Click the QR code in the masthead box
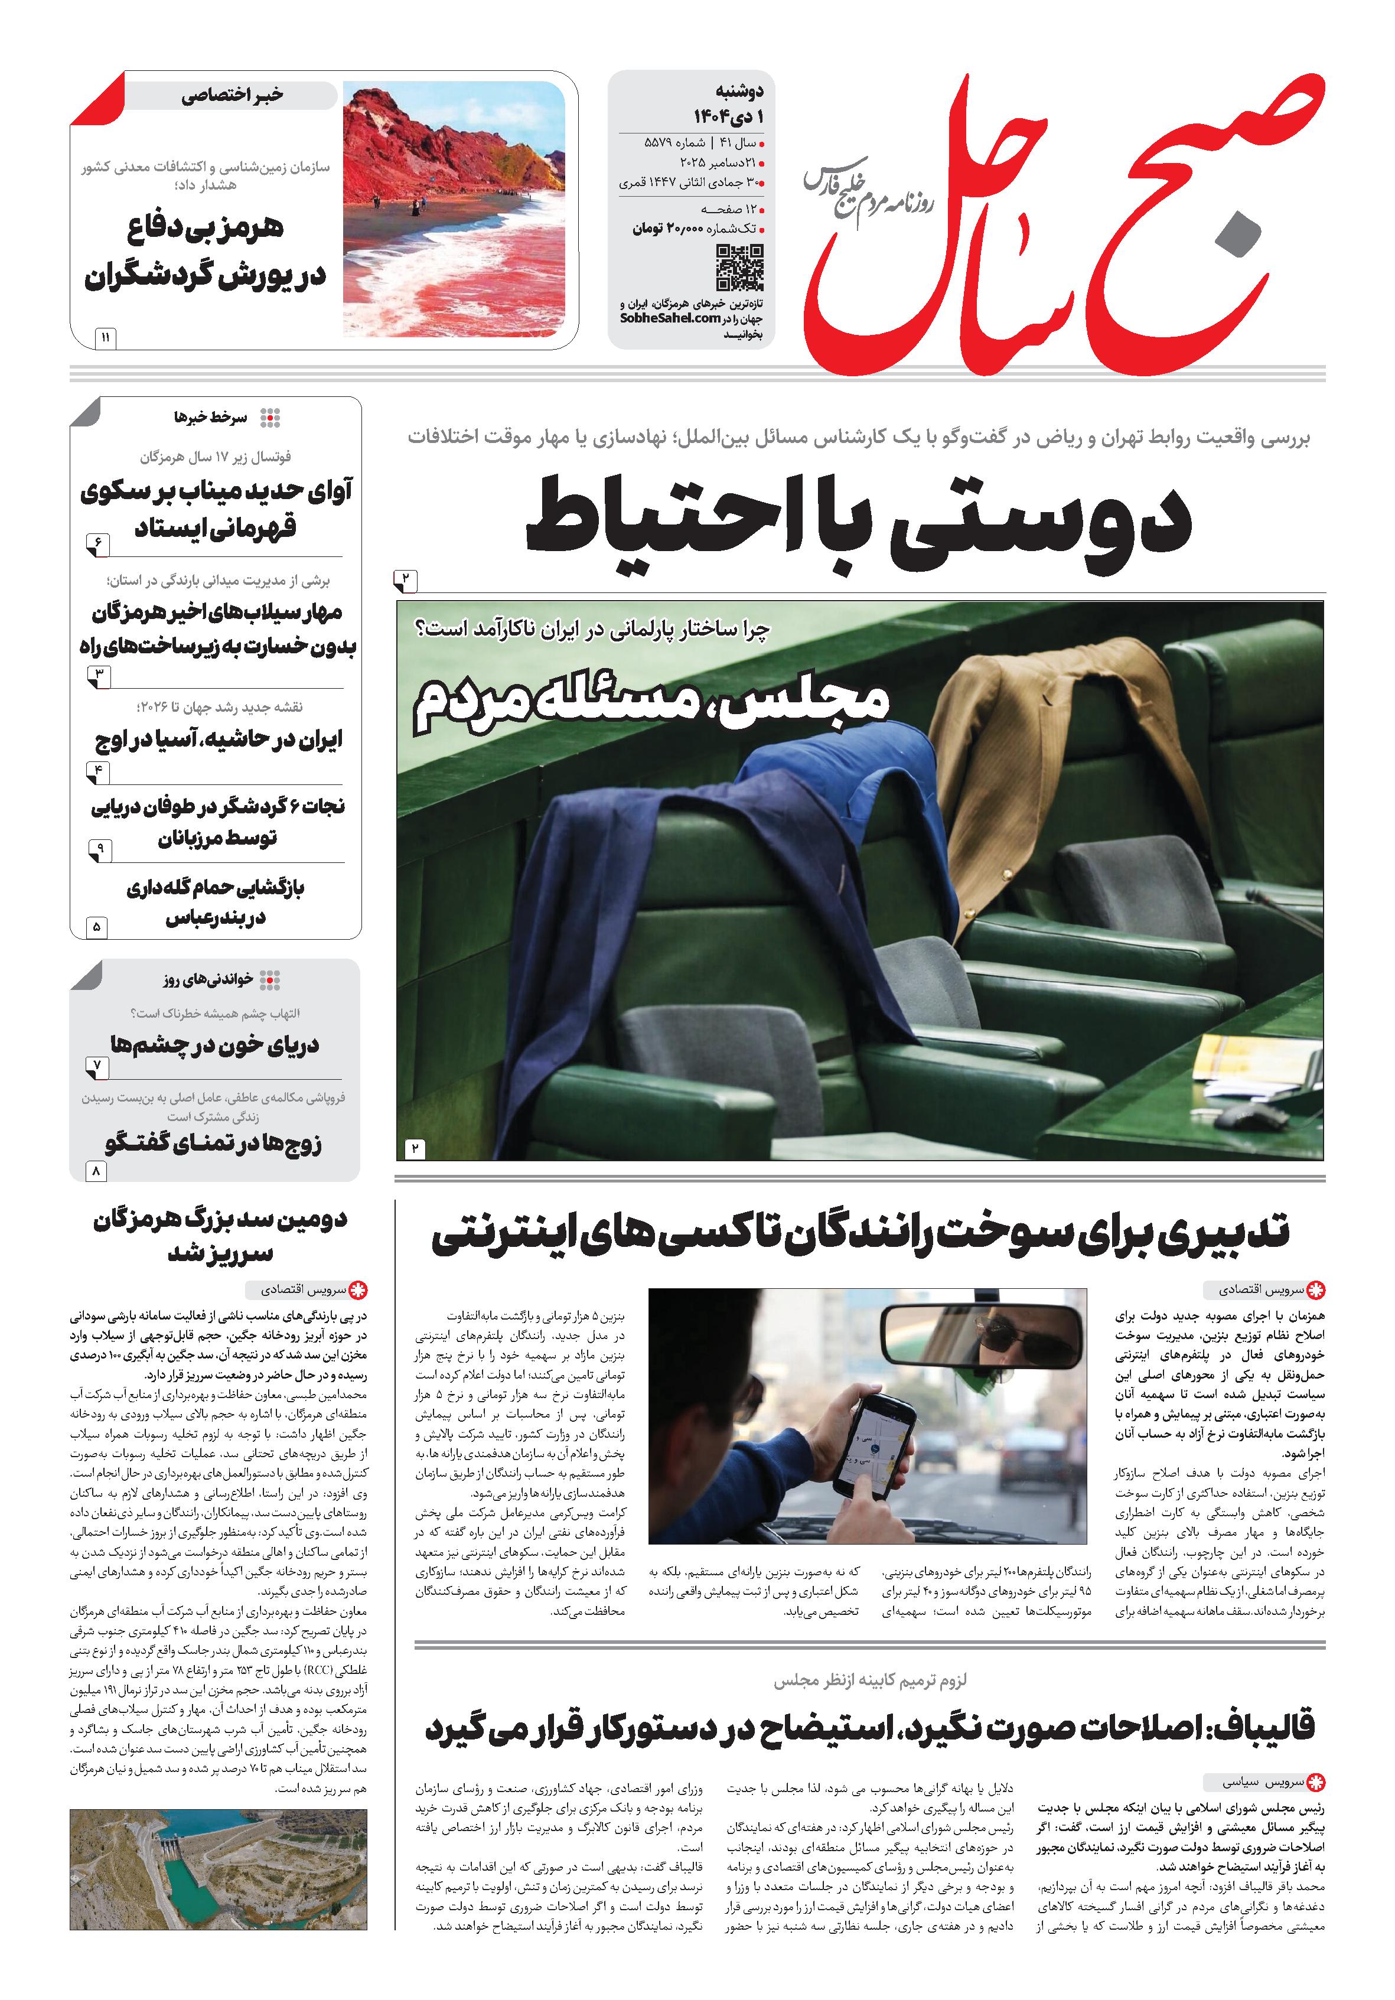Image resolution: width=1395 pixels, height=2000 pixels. pyautogui.click(x=739, y=268)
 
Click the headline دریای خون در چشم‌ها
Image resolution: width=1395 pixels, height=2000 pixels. pyautogui.click(x=215, y=1044)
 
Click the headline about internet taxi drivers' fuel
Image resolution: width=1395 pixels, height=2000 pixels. pyautogui.click(x=861, y=1235)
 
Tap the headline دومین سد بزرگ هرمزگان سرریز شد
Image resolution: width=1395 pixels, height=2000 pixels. pyautogui.click(x=220, y=1235)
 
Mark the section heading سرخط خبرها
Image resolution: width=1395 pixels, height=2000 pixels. pyautogui.click(x=211, y=417)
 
